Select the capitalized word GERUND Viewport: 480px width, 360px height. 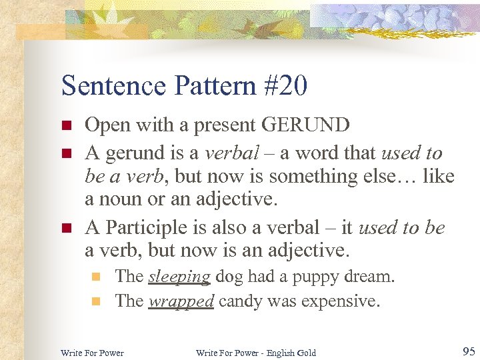[x=307, y=125]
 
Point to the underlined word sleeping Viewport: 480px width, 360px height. [x=179, y=277]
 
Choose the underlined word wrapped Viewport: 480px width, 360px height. [x=181, y=301]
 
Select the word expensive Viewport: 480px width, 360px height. [x=340, y=301]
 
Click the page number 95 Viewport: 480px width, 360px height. [x=467, y=351]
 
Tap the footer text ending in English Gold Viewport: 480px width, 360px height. [x=256, y=352]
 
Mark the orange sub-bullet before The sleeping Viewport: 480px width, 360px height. [x=96, y=277]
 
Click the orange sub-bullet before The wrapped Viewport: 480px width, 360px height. [x=96, y=301]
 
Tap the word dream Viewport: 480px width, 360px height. [x=370, y=277]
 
